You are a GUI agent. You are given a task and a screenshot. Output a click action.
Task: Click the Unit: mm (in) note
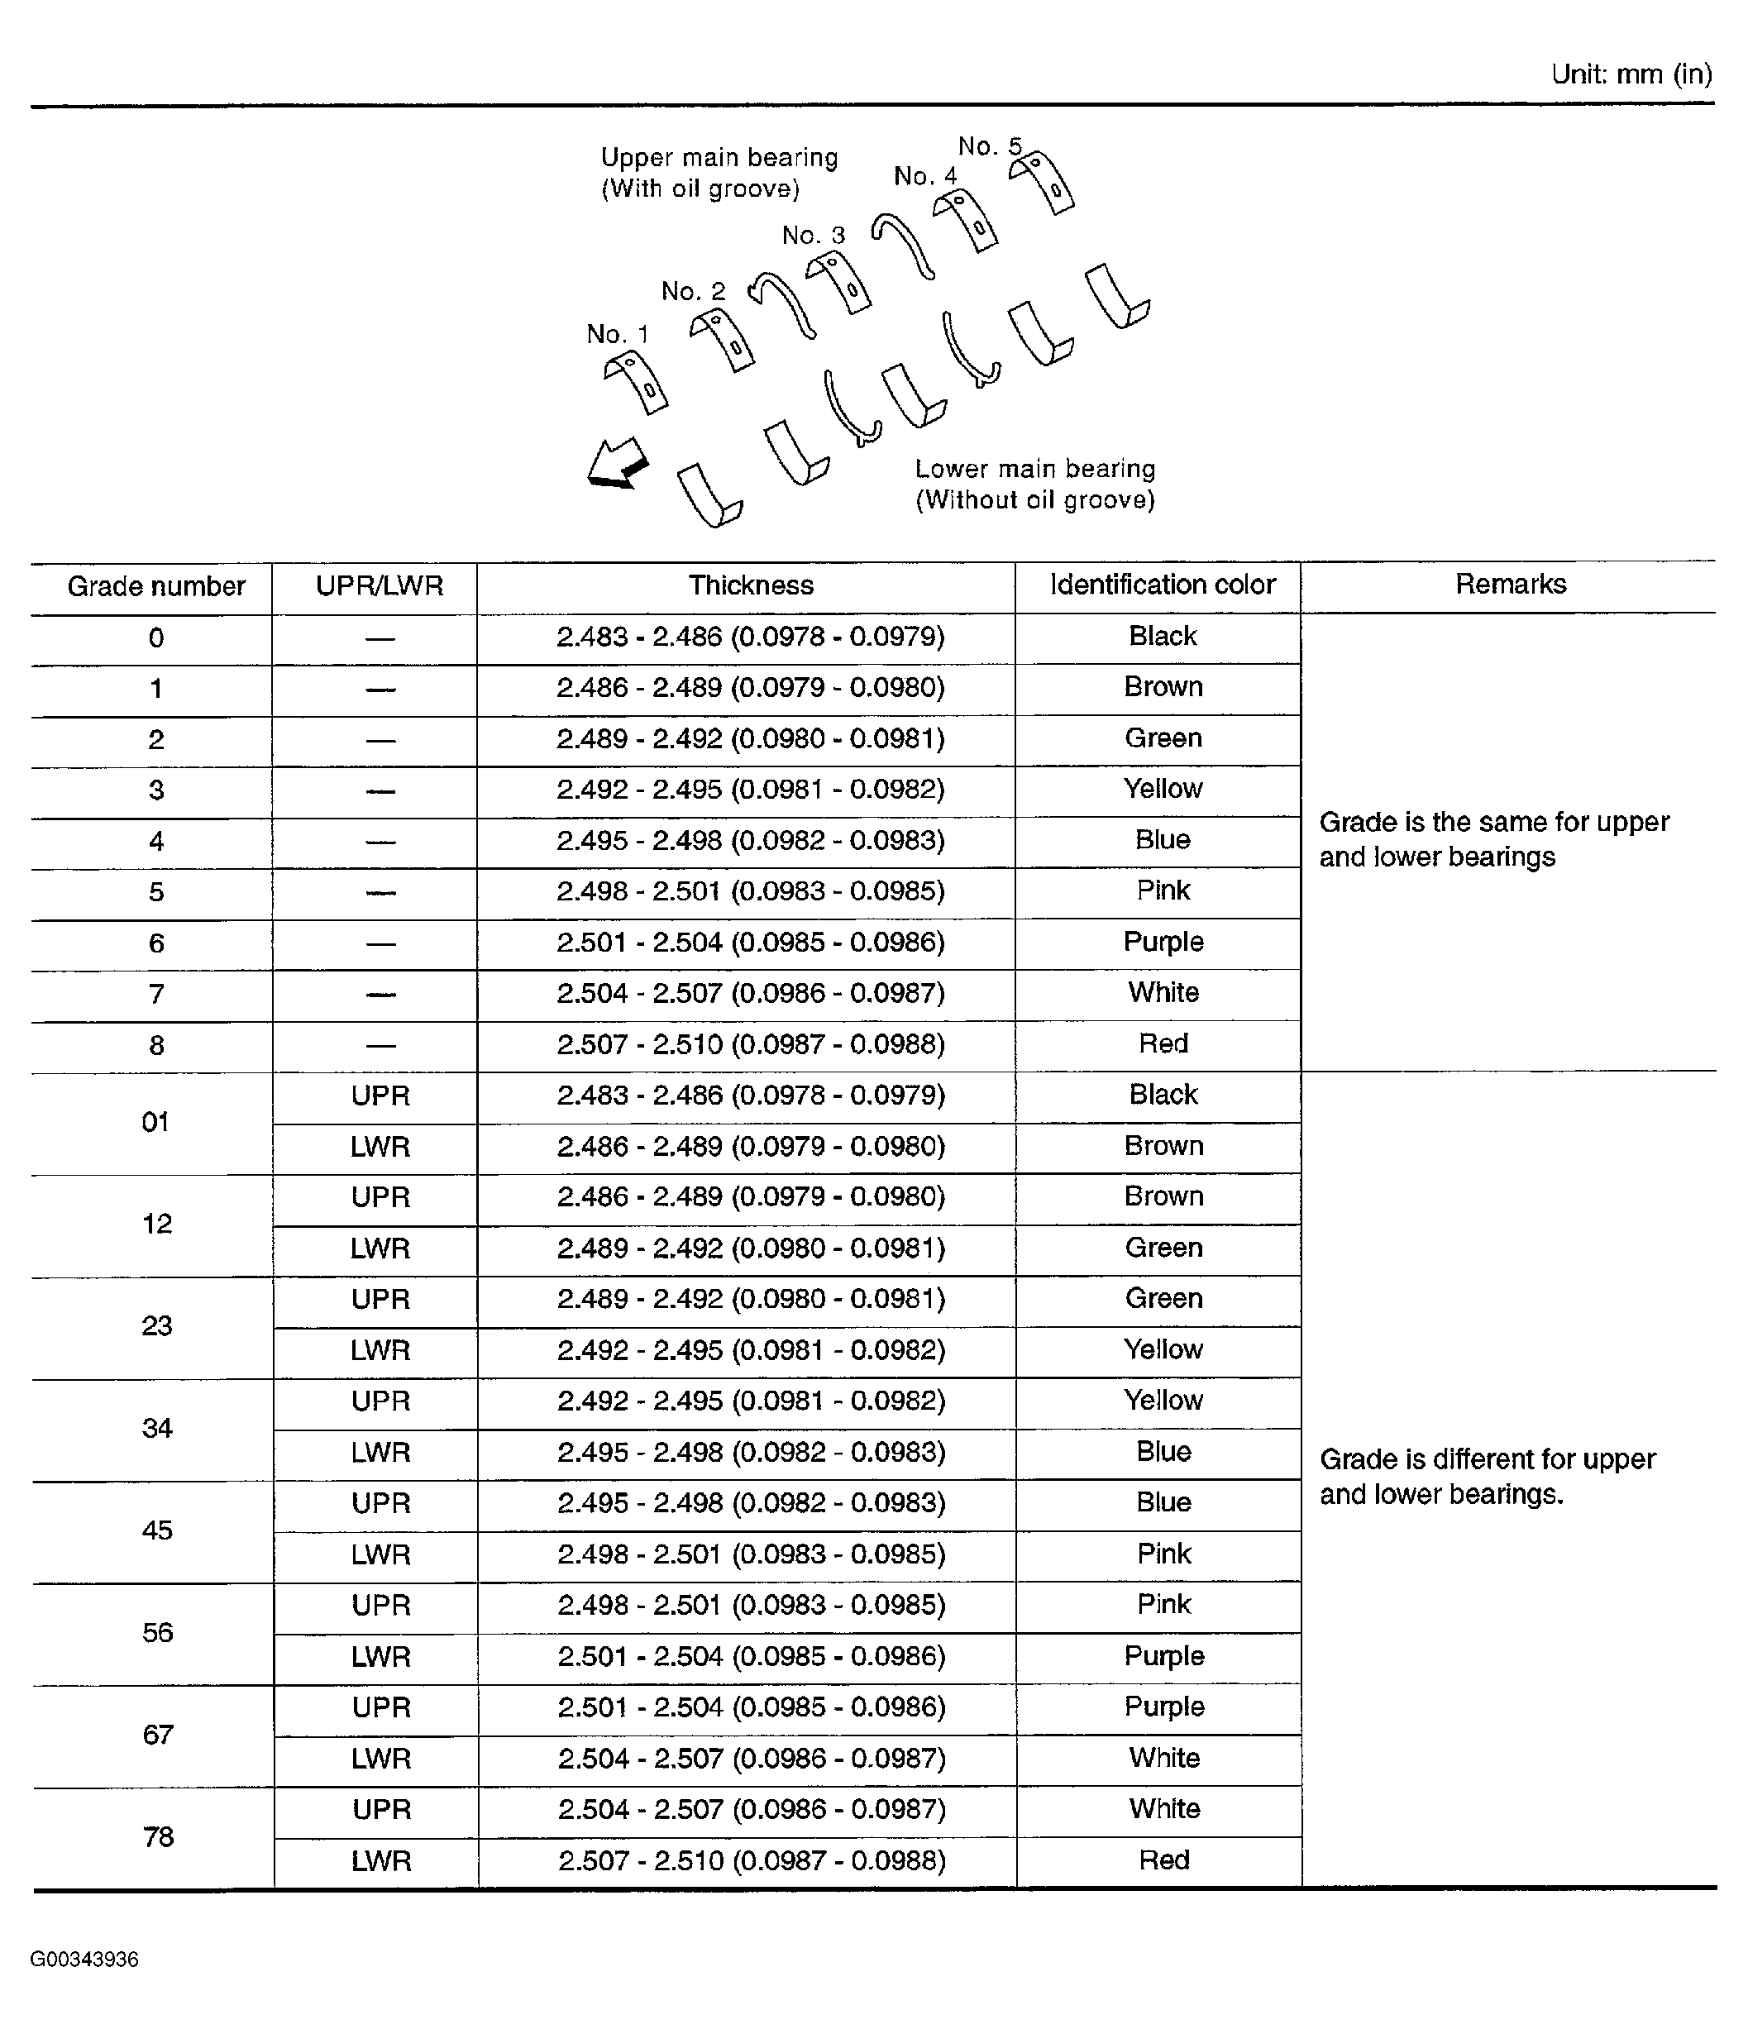pos(1631,74)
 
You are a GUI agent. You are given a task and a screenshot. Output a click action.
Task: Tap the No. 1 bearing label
pos(617,335)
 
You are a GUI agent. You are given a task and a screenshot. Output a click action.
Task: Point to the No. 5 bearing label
pos(989,147)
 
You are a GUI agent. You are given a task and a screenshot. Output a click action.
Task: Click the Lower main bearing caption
pos(1035,485)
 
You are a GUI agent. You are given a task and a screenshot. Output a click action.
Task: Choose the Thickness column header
pos(750,585)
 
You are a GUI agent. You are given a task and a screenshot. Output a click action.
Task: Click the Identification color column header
pos(1163,585)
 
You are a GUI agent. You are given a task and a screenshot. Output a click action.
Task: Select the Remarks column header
pos(1510,585)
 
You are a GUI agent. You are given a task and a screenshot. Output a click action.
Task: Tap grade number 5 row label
pos(155,892)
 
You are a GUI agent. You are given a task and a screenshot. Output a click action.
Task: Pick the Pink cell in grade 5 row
pos(1163,891)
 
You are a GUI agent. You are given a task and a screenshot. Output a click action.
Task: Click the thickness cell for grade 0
pos(750,637)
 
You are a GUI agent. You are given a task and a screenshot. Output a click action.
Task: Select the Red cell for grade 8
pos(1163,1044)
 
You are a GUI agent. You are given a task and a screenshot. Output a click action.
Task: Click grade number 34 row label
pos(156,1429)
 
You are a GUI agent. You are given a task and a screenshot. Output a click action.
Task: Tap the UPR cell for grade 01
pos(380,1096)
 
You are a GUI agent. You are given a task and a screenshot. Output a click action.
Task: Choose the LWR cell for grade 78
pos(381,1861)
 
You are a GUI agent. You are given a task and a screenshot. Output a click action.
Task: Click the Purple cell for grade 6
pos(1163,942)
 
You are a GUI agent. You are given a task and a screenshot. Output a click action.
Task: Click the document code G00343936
pos(84,1960)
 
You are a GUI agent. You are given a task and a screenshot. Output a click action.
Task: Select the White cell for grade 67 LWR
pos(1163,1759)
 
